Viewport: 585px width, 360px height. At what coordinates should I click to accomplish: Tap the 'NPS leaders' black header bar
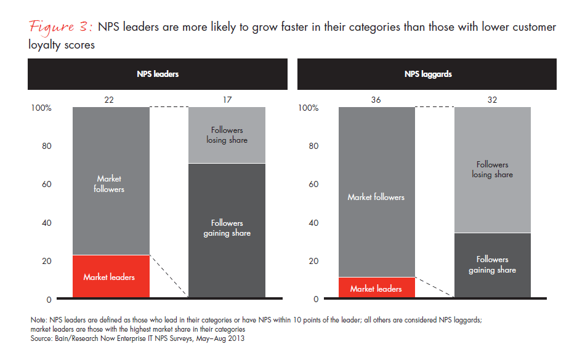[157, 74]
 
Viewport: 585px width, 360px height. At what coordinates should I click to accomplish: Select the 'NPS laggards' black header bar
[427, 74]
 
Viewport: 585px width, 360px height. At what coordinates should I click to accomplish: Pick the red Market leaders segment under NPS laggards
[376, 288]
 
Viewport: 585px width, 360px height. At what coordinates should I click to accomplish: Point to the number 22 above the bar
[111, 100]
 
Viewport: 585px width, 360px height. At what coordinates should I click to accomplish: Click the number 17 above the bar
[227, 100]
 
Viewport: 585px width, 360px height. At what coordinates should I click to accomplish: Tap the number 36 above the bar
[376, 100]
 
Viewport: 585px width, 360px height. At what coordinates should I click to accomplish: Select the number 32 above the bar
[492, 100]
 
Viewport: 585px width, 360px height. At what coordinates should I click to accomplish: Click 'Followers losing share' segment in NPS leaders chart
[227, 135]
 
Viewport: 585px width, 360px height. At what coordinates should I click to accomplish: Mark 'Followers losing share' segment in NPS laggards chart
[492, 170]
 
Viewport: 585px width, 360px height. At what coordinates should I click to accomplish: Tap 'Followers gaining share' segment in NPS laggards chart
[492, 265]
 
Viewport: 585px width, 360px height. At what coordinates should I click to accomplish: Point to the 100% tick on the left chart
[41, 108]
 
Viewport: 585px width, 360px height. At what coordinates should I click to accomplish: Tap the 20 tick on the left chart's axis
[46, 261]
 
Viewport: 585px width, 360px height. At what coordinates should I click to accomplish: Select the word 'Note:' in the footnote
[39, 321]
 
